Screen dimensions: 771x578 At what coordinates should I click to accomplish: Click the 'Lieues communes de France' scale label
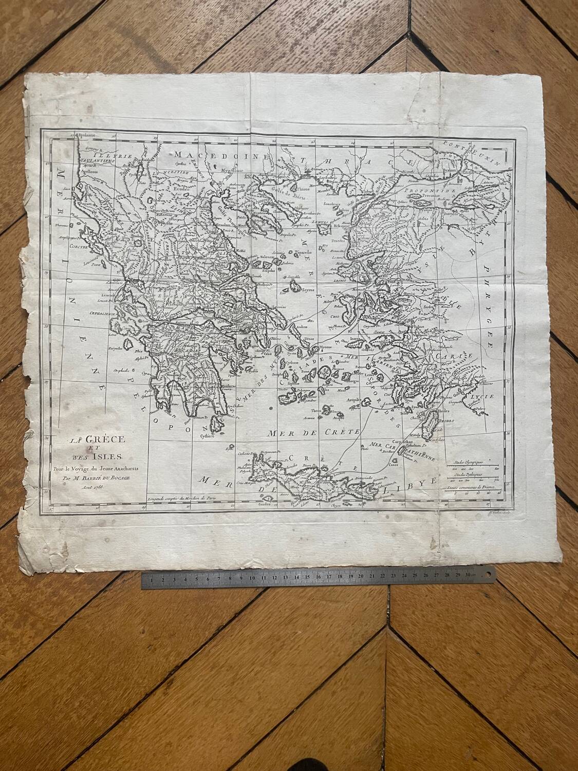(x=473, y=486)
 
